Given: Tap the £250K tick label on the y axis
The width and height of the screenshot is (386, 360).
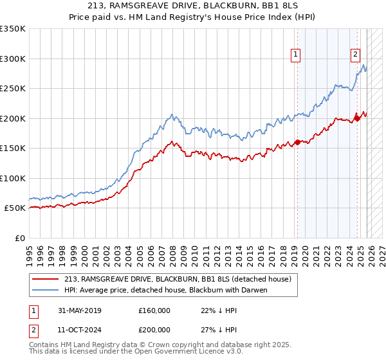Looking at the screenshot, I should [13, 88].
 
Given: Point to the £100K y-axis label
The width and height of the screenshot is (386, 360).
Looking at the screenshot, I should [13, 178].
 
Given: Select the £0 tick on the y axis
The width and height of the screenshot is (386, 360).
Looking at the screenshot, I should [19, 238].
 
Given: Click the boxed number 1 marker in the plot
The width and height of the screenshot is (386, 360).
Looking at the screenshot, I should [295, 55].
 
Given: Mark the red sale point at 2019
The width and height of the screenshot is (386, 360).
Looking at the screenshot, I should [297, 142].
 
